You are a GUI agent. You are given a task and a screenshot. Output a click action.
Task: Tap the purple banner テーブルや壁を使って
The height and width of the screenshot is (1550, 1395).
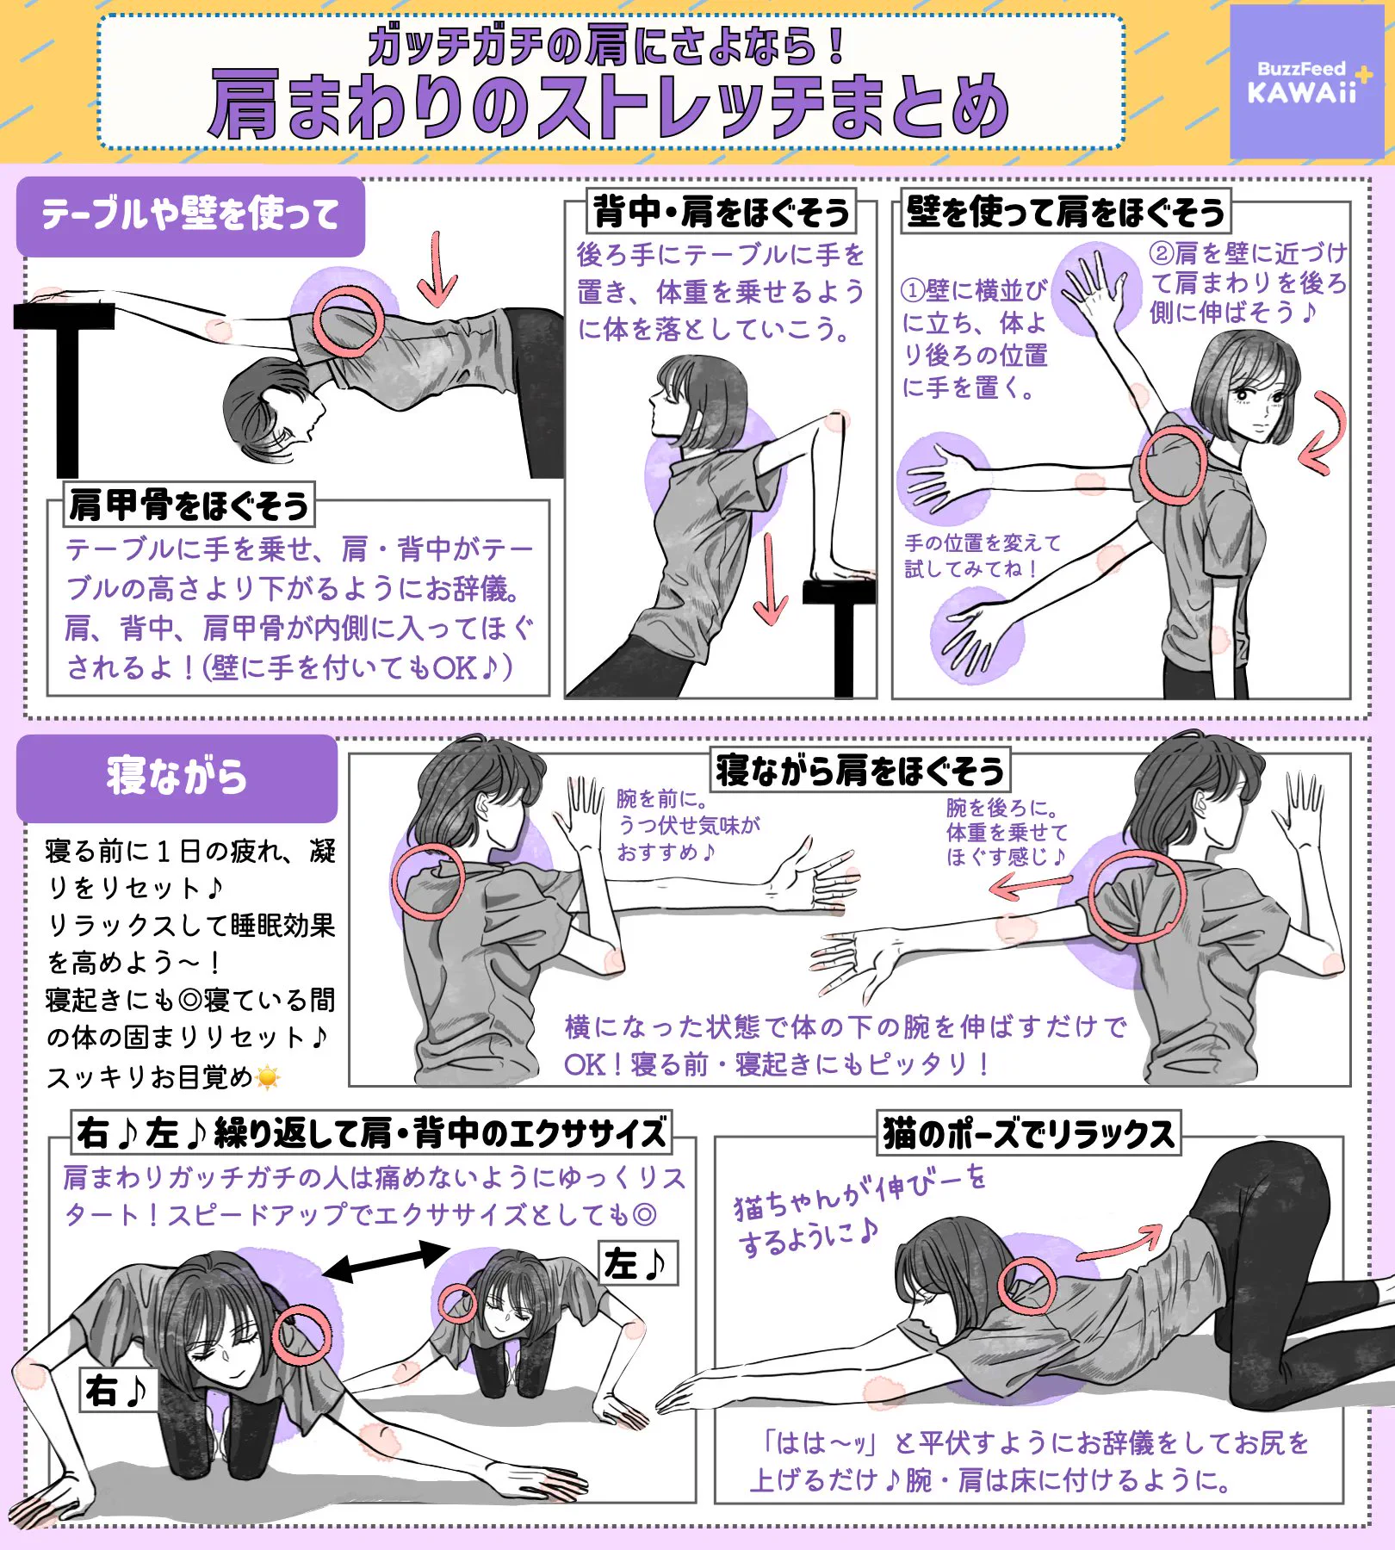pos(190,215)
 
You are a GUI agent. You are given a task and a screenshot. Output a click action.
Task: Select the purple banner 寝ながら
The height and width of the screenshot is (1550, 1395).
pos(177,778)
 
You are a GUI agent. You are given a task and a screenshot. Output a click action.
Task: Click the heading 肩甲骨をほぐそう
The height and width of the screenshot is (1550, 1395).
pos(189,505)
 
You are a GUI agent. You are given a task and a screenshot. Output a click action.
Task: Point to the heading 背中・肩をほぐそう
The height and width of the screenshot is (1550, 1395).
pos(721,212)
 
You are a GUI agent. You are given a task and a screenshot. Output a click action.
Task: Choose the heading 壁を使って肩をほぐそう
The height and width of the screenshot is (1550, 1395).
pos(1064,212)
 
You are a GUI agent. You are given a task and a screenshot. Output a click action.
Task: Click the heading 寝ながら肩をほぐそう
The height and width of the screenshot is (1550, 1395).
pos(859,770)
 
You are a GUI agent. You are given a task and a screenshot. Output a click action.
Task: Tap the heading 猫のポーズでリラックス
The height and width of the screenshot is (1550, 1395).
pos(1028,1133)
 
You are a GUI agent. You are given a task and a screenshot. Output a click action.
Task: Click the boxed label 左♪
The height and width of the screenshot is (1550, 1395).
pos(636,1263)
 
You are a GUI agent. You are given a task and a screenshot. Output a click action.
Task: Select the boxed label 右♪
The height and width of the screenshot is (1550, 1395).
pos(117,1389)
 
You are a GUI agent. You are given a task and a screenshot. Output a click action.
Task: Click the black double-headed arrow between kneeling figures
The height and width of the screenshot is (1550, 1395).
pos(387,1262)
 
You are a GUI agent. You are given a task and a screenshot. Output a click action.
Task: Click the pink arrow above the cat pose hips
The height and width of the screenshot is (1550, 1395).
pos(1120,1245)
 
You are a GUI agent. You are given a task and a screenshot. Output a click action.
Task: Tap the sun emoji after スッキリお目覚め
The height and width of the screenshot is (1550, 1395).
pos(269,1077)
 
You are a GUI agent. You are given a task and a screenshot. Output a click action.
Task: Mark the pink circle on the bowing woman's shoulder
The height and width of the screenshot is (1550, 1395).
pos(348,321)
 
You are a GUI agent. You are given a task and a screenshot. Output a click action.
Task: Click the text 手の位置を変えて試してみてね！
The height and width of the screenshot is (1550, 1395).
pos(982,555)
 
